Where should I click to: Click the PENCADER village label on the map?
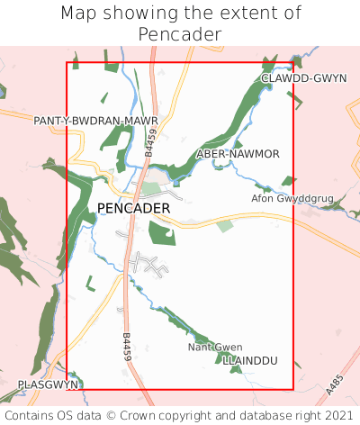point(133,208)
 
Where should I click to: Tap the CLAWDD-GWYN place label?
point(303,78)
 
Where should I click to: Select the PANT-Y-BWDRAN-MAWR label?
point(96,120)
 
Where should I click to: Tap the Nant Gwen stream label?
point(215,347)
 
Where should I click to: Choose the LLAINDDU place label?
point(251,360)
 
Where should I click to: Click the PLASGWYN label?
point(49,384)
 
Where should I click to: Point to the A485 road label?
point(335,385)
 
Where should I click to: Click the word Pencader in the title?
point(180,34)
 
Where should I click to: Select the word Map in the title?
point(80,14)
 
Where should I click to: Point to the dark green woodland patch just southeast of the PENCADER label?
point(163,232)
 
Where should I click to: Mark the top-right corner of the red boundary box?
point(293,62)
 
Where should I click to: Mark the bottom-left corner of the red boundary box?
point(67,390)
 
